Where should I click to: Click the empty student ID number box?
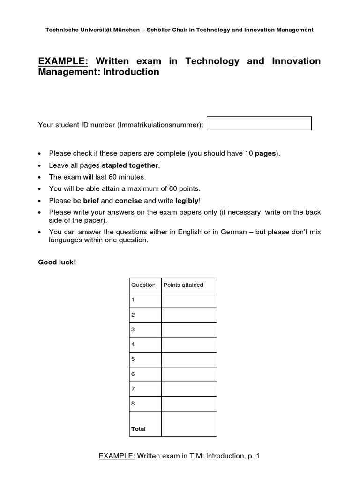coord(259,123)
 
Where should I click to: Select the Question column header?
coord(143,285)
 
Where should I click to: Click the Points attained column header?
coord(183,285)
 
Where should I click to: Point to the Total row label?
coord(139,429)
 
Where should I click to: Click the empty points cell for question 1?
coord(189,300)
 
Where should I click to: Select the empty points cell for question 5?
coord(189,359)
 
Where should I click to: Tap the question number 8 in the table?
coord(133,403)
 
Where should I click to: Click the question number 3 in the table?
coord(133,330)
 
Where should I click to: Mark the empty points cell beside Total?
coord(189,424)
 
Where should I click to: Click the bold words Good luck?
coord(57,262)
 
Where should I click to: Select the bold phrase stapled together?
coord(130,165)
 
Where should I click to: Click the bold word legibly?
coord(187,201)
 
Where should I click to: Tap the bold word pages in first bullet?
coord(265,154)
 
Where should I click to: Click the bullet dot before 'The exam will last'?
coord(40,177)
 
